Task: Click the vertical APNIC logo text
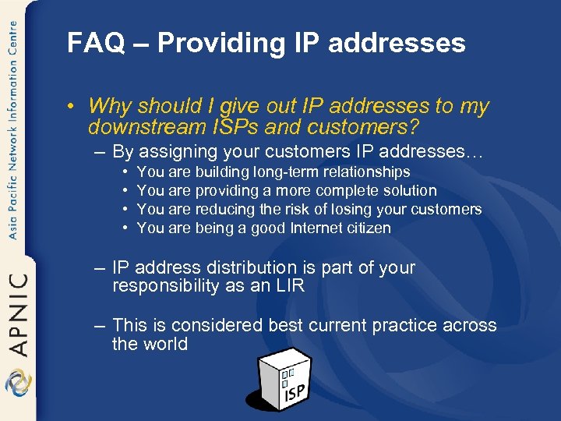(x=18, y=313)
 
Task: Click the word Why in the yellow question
(x=108, y=105)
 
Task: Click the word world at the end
(x=165, y=344)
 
